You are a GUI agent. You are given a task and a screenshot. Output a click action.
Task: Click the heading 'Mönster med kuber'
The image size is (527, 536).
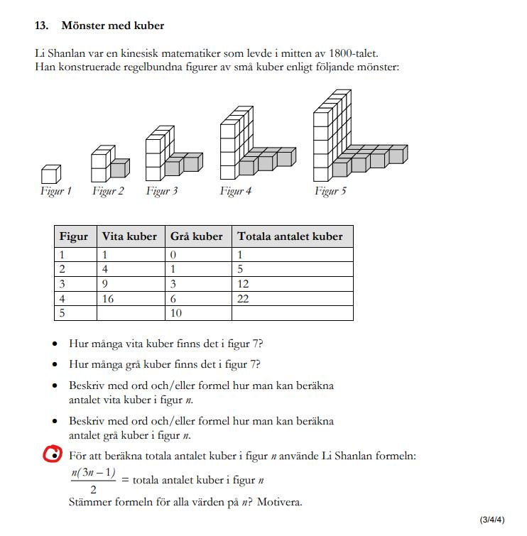113,26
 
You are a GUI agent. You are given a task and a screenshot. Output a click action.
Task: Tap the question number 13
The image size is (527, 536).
41,26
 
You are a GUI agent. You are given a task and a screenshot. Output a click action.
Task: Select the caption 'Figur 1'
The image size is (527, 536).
55,191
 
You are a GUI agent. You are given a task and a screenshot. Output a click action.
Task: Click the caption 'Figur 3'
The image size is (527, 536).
162,191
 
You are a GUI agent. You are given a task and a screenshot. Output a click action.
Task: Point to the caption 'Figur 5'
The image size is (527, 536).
330,191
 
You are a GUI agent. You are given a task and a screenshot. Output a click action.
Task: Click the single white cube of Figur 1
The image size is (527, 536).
50,174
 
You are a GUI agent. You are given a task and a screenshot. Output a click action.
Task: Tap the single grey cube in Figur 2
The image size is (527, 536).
119,168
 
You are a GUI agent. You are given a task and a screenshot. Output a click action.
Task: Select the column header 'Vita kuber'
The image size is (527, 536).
129,236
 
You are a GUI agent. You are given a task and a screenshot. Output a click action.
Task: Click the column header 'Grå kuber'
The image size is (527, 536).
196,236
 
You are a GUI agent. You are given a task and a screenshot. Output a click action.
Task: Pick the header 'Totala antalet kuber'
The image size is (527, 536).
290,236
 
